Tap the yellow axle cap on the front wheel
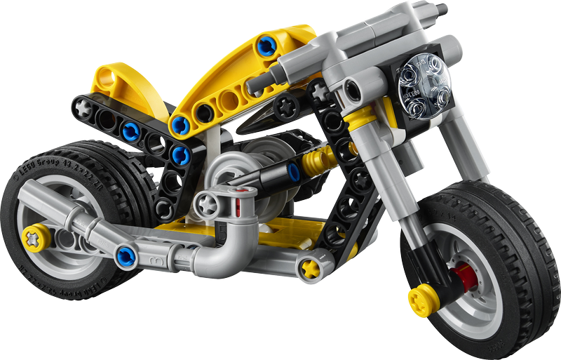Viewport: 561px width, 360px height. (424, 299)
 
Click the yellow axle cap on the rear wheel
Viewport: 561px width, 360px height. (36, 238)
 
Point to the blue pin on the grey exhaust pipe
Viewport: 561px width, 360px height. (126, 256)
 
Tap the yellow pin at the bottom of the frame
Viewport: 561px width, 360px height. (309, 267)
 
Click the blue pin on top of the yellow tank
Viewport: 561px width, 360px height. (266, 46)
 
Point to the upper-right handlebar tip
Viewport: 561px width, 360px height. (440, 10)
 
